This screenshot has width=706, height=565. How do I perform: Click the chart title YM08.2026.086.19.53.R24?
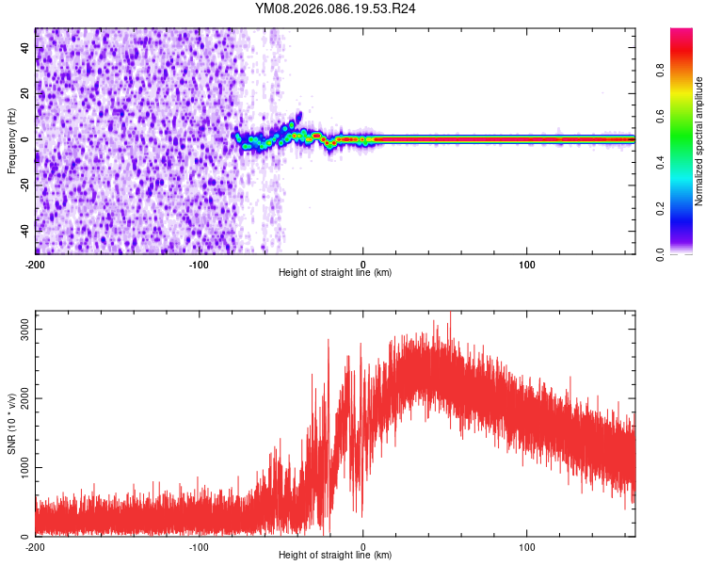335,8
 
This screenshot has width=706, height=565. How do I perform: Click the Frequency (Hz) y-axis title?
11,140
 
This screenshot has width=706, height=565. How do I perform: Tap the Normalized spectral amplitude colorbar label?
699,142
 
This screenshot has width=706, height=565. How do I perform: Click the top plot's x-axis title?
335,272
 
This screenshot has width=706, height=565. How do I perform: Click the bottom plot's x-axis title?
335,555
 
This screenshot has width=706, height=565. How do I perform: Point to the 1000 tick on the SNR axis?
18,468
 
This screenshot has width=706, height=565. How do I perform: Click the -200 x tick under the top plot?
36,264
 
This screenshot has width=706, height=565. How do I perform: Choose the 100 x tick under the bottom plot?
527,546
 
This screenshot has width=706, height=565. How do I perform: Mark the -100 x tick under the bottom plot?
199,546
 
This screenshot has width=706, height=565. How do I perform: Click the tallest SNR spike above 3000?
450,314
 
